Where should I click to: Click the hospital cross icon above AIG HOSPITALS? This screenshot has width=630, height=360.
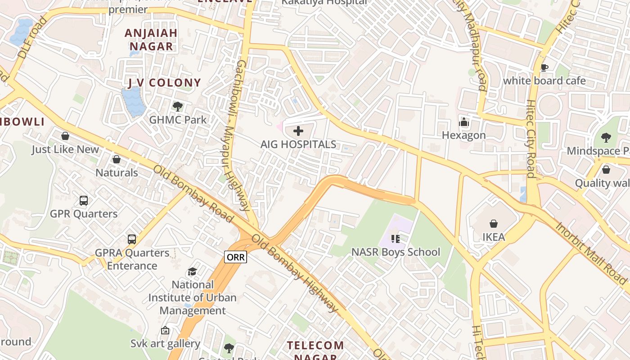click(x=298, y=131)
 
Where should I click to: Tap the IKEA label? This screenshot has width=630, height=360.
click(x=494, y=237)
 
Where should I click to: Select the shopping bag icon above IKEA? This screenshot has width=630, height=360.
click(x=494, y=224)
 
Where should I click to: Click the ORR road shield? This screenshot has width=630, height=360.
click(x=236, y=257)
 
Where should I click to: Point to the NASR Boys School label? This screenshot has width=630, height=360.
click(x=396, y=252)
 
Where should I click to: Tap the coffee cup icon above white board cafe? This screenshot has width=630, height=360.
click(x=544, y=68)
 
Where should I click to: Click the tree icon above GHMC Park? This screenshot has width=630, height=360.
click(x=178, y=107)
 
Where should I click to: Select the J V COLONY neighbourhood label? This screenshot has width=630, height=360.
click(x=164, y=83)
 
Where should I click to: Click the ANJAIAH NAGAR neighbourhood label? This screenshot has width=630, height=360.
click(x=151, y=40)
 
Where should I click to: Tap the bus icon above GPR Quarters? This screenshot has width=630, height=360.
click(x=84, y=200)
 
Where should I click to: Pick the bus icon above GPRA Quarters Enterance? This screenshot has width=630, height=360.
click(x=132, y=239)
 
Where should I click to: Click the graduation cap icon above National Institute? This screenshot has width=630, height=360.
click(x=193, y=271)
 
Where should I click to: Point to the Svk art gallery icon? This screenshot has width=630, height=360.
click(x=165, y=331)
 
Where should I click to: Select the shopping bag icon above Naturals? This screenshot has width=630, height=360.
click(x=117, y=159)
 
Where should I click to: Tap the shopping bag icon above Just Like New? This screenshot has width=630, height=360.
click(x=65, y=136)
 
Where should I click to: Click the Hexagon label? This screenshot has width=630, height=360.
click(x=463, y=135)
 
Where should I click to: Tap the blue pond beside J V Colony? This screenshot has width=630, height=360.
click(x=133, y=101)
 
